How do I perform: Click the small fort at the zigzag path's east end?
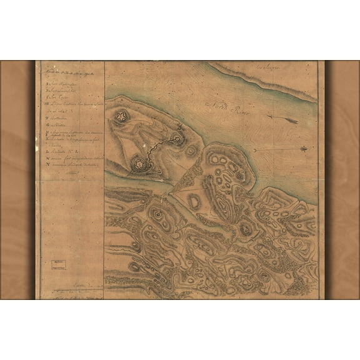tap(177, 138)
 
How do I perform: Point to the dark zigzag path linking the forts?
tap(156, 149)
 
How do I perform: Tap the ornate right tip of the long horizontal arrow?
tap(304, 148)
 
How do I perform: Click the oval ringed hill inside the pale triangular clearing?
tap(194, 202)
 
